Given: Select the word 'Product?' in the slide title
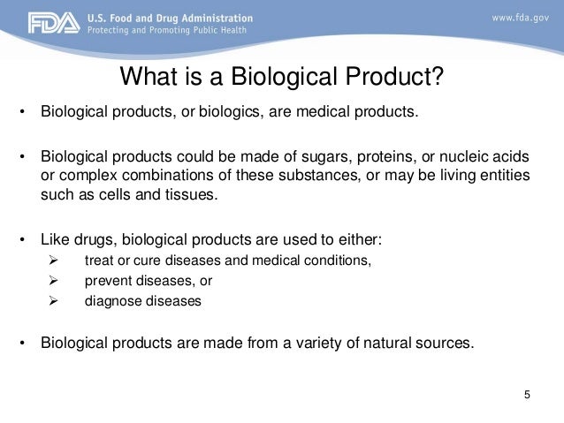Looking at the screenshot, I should tap(393, 79).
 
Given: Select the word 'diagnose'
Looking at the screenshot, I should tap(112, 301).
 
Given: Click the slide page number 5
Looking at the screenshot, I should tap(528, 394).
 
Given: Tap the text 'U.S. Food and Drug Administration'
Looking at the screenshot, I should tap(169, 18).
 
